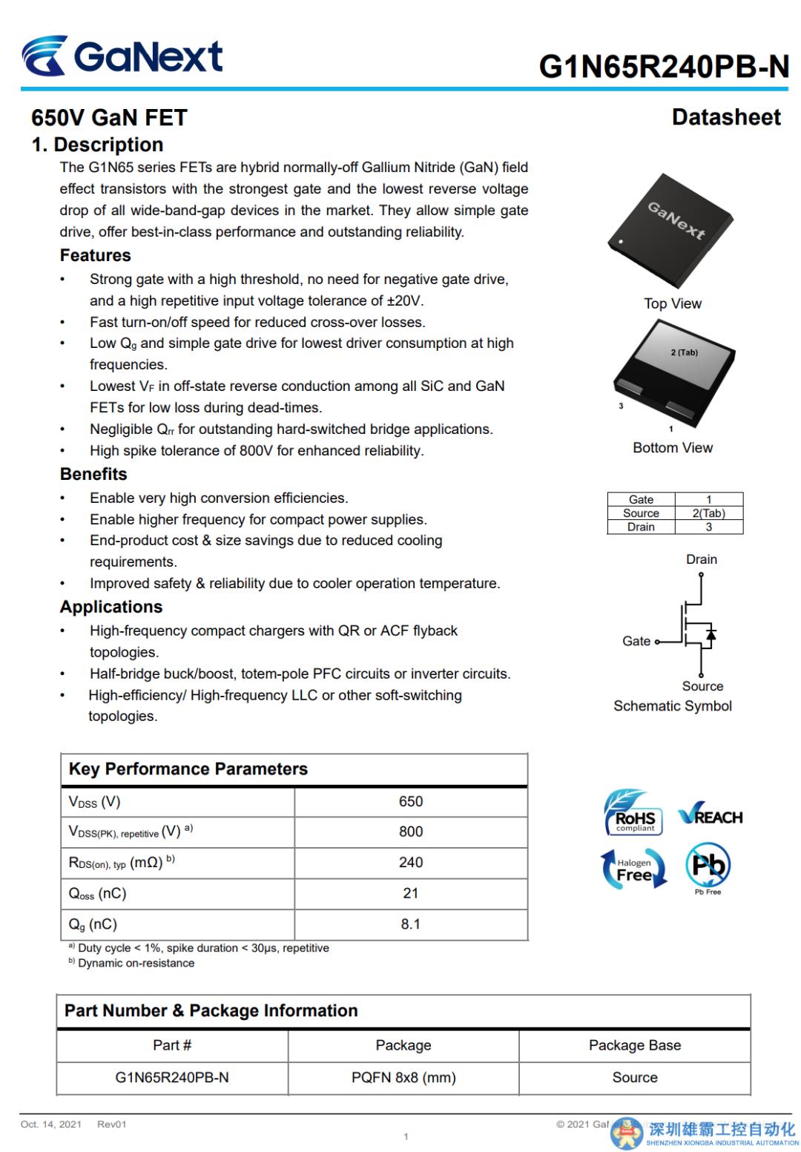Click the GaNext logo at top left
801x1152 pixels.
point(122,56)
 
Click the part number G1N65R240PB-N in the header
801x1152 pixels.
point(664,67)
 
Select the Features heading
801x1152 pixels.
point(95,255)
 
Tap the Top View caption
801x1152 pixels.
point(673,303)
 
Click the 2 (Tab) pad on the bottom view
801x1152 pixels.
point(684,352)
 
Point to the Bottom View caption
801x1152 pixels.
point(673,447)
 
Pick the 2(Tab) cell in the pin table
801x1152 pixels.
point(708,513)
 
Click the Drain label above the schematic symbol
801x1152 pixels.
point(701,559)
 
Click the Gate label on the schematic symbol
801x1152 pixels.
point(636,641)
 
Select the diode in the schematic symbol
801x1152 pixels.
point(711,635)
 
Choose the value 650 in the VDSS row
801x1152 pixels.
point(411,802)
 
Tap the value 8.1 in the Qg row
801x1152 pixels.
point(411,924)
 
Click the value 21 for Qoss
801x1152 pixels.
point(411,893)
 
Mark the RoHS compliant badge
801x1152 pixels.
point(633,814)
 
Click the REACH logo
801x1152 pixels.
point(710,817)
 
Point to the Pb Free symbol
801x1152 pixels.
point(708,867)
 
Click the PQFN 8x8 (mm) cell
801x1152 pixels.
point(403,1078)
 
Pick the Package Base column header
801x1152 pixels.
point(635,1045)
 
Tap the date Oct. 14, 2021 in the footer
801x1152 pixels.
point(51,1125)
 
